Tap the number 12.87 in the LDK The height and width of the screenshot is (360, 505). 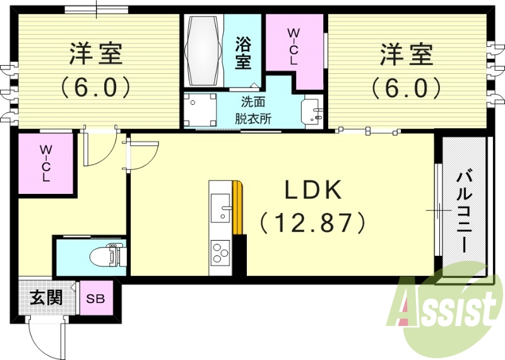pos(312,222)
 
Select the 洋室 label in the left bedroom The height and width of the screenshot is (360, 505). pos(96,54)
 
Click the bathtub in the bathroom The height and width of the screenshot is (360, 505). pos(205,50)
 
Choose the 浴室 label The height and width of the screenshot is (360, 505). pos(243,53)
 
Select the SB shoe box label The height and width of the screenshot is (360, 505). pos(96,299)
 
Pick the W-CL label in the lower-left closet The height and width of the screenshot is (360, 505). pos(46,164)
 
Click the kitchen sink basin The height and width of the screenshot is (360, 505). pos(221,208)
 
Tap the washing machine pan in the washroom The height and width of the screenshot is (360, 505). pos(199,109)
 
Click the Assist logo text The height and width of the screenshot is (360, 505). pos(444,309)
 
